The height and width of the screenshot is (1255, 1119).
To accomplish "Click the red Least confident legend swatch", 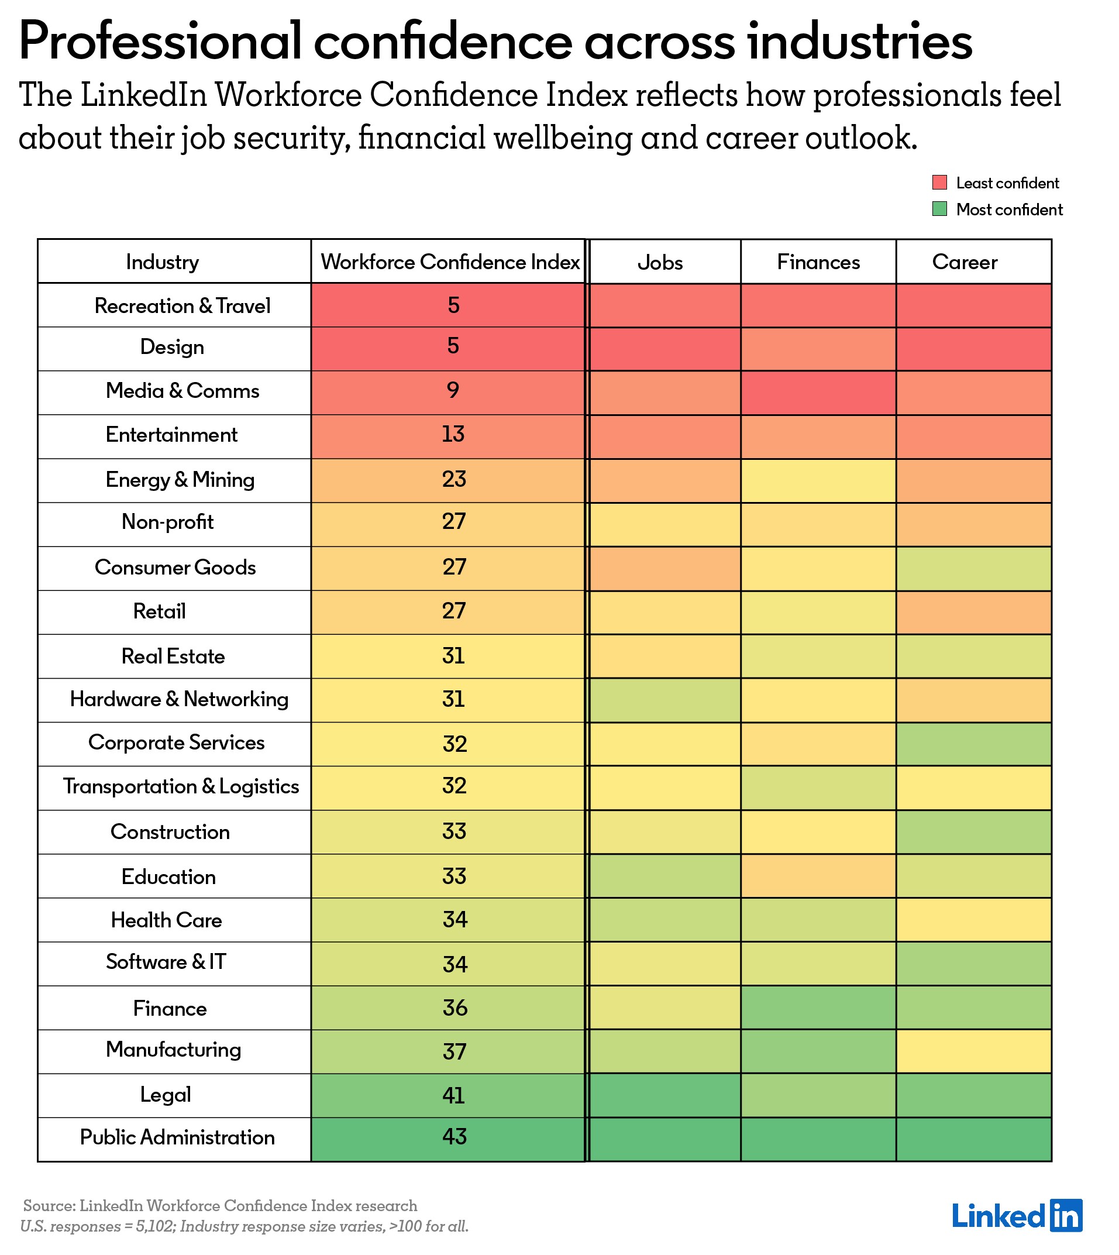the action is pyautogui.click(x=939, y=183).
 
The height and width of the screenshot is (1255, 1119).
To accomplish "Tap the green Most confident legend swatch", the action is pyautogui.click(x=939, y=209).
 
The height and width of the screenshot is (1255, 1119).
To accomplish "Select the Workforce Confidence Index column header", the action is pyautogui.click(x=449, y=263).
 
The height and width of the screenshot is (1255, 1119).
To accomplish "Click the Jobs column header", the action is pyautogui.click(x=660, y=263).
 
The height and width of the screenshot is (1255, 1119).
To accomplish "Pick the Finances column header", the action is pyautogui.click(x=818, y=263).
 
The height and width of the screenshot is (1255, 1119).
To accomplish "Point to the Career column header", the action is pyautogui.click(x=964, y=263).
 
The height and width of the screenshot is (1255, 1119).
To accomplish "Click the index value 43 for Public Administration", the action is pyautogui.click(x=455, y=1137).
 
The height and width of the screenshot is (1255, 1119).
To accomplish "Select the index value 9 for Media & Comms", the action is pyautogui.click(x=453, y=390).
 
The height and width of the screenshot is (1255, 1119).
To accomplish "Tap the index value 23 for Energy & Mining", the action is pyautogui.click(x=454, y=479).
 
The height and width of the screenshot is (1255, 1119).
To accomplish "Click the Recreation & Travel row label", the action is pyautogui.click(x=182, y=305).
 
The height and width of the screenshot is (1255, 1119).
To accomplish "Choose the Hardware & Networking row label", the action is pyautogui.click(x=179, y=699).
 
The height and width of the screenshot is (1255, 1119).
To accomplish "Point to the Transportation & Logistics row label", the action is pyautogui.click(x=181, y=786).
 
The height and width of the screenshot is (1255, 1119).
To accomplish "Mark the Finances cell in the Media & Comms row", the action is pyautogui.click(x=818, y=393).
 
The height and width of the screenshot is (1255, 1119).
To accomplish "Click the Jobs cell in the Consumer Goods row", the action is pyautogui.click(x=664, y=569).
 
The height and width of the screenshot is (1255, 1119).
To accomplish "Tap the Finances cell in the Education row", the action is pyautogui.click(x=818, y=876).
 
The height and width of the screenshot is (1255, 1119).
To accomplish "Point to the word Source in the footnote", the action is pyautogui.click(x=47, y=1206).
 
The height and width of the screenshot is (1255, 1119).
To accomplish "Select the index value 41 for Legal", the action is pyautogui.click(x=453, y=1095).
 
